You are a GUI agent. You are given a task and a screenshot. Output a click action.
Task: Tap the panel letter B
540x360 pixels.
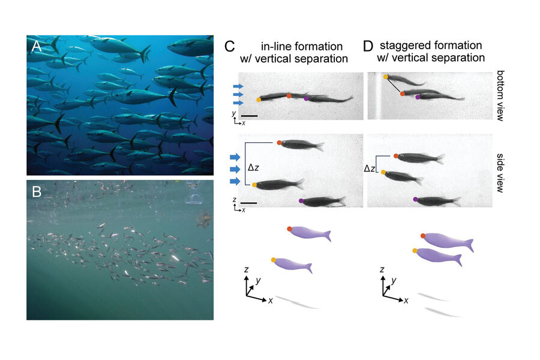[x=36, y=193]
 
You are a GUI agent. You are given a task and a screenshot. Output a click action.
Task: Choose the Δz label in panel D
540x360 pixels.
[x=370, y=170]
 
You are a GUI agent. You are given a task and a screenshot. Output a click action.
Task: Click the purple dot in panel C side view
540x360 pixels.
[x=301, y=200]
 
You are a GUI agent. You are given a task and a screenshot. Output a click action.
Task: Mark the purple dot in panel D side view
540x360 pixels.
[x=415, y=199]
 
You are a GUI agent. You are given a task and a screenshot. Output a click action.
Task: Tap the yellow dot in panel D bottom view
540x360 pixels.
[x=386, y=77]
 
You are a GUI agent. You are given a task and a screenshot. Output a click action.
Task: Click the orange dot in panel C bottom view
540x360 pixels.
[x=289, y=95]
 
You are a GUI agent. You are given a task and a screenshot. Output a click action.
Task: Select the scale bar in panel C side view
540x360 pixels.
[x=248, y=203]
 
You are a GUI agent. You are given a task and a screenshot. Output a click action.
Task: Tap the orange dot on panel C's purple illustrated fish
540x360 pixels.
[x=290, y=229]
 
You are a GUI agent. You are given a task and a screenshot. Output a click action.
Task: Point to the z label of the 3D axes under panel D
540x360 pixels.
[x=383, y=271]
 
